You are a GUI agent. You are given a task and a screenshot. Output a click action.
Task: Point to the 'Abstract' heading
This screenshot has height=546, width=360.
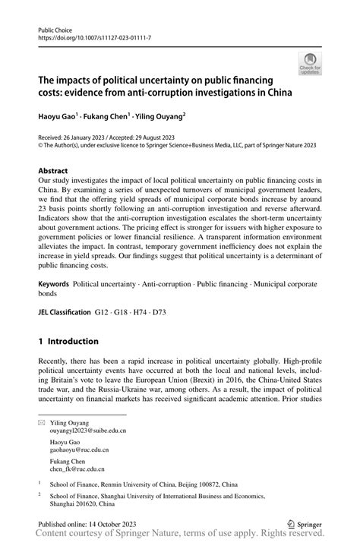coord(54,172)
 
